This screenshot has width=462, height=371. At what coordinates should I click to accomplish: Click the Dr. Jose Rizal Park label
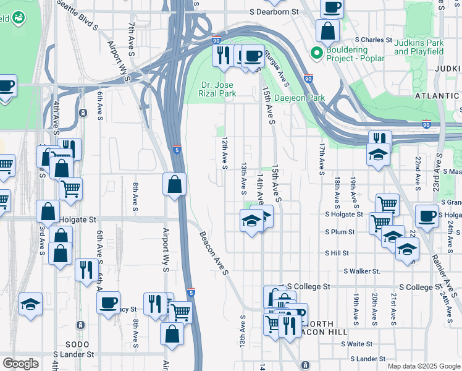point(219,89)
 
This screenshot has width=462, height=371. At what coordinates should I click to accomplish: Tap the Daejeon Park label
point(300,98)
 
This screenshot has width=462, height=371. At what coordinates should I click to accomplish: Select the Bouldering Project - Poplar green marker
point(317,53)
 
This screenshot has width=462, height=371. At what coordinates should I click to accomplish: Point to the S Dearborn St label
point(274,12)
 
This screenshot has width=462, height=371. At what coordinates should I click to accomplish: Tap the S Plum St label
point(340,232)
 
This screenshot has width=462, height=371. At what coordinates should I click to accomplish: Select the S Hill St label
point(337,253)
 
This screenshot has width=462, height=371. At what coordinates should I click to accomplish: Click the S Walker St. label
point(361,271)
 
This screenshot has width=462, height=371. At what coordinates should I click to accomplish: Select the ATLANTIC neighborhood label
point(437,96)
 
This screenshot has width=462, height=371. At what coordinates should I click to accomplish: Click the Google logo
point(20,364)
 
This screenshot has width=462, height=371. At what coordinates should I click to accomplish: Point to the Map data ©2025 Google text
point(423,366)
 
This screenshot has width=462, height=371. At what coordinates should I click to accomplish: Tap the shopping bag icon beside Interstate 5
point(175,184)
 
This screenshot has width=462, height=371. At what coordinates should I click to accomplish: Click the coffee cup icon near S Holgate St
point(426,216)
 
